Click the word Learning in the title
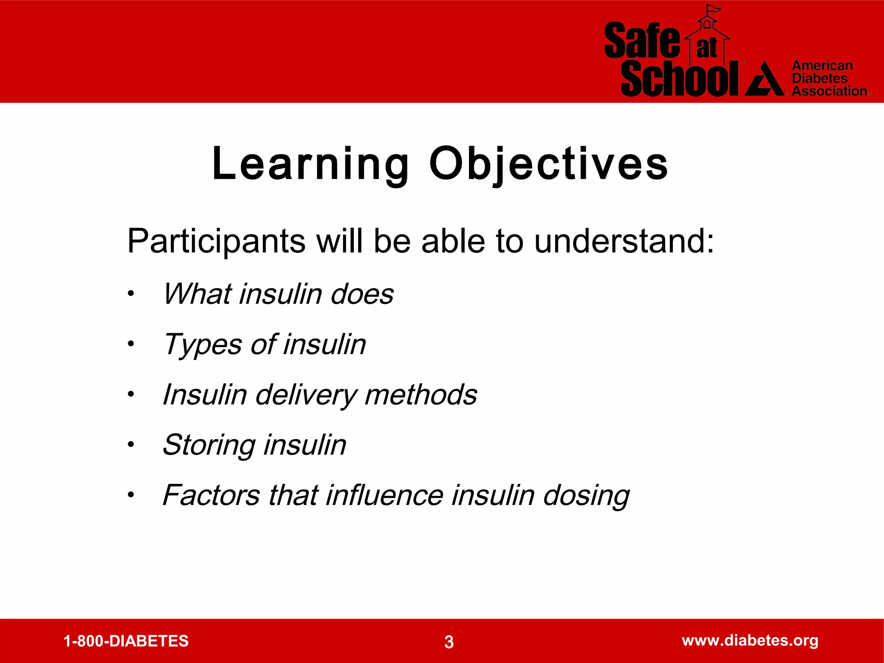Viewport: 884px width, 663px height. [310, 164]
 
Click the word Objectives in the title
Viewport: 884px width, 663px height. [548, 164]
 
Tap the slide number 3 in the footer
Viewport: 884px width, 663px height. [449, 642]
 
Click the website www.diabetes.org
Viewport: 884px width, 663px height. [750, 641]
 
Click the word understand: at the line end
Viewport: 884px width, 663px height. [624, 241]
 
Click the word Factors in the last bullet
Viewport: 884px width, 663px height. [211, 496]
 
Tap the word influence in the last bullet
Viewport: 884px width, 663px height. [384, 496]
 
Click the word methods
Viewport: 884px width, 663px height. [420, 395]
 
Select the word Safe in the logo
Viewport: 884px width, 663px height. [642, 41]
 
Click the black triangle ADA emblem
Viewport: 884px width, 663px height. [764, 80]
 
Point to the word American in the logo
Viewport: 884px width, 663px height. [822, 66]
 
